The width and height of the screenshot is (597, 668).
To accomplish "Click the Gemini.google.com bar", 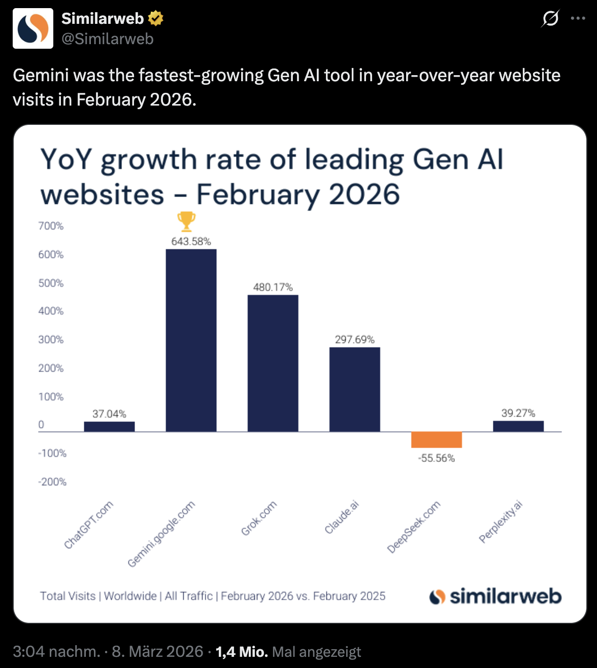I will pyautogui.click(x=191, y=340).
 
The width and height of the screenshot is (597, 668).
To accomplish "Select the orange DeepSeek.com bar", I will pyautogui.click(x=436, y=440).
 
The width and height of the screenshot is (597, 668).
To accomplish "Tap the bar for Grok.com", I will pyautogui.click(x=273, y=363).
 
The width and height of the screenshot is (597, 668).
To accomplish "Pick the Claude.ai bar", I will pyautogui.click(x=354, y=389).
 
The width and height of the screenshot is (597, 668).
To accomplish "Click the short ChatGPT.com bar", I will pyautogui.click(x=109, y=426).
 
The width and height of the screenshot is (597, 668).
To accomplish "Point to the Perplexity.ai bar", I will pyautogui.click(x=518, y=426).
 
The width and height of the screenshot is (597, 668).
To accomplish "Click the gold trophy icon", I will pyautogui.click(x=186, y=222).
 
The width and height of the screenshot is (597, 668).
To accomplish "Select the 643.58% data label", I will pyautogui.click(x=191, y=242).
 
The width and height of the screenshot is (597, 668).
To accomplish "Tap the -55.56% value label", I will pyautogui.click(x=436, y=458).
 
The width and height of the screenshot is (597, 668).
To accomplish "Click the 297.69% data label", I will pyautogui.click(x=354, y=340).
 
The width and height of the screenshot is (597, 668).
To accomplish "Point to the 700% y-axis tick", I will pyautogui.click(x=51, y=226).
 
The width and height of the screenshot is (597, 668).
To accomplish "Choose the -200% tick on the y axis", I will pyautogui.click(x=52, y=482).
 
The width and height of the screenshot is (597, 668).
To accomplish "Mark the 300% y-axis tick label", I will pyautogui.click(x=51, y=340).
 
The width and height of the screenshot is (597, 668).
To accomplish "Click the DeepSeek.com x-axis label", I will pyautogui.click(x=414, y=527).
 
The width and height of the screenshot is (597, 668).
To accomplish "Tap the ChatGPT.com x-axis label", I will pyautogui.click(x=88, y=525).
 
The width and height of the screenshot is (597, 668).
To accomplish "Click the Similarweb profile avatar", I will pyautogui.click(x=33, y=28).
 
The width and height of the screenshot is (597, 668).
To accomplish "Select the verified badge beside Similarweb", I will pyautogui.click(x=155, y=19).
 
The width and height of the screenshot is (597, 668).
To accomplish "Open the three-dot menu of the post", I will pyautogui.click(x=578, y=19).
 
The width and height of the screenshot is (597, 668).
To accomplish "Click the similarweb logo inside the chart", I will pyautogui.click(x=495, y=596).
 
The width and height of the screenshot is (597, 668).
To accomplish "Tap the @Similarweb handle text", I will pyautogui.click(x=107, y=39).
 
